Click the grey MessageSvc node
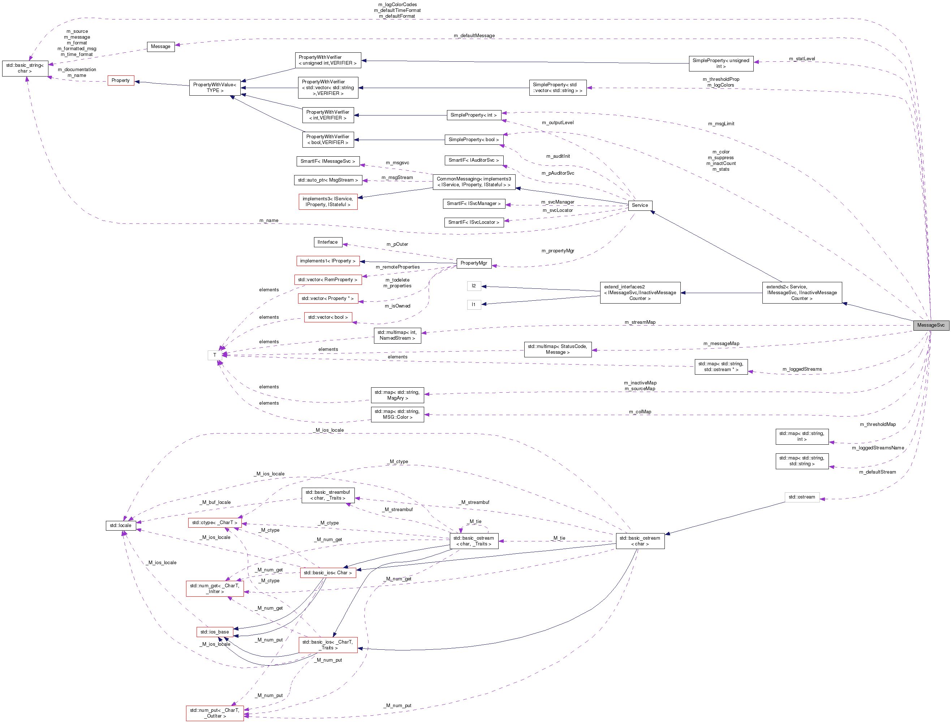[930, 325]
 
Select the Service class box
[640, 205]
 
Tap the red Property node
[121, 80]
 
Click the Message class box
[161, 47]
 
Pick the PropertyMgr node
[473, 263]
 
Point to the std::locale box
[121, 526]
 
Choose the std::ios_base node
[215, 632]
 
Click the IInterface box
[328, 242]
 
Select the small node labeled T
[215, 355]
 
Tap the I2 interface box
[474, 286]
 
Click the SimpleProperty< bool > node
[473, 140]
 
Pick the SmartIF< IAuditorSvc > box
[473, 160]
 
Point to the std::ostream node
[801, 497]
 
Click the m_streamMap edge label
[640, 322]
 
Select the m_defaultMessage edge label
[474, 36]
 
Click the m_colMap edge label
[640, 412]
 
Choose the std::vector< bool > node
[328, 317]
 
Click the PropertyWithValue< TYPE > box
[215, 88]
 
